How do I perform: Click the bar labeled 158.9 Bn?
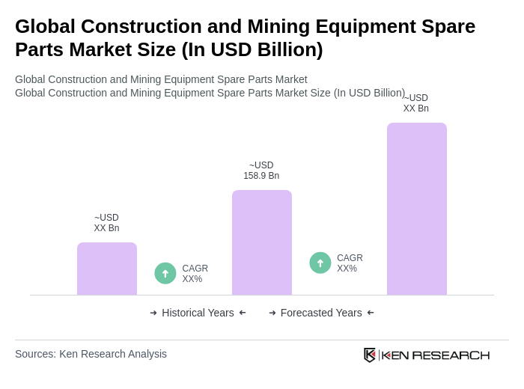261,242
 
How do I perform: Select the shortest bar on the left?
106,269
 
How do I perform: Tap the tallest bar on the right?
416,209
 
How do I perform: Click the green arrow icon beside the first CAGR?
165,274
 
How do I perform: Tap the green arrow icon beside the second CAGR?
320,263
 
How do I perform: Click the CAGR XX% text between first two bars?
195,274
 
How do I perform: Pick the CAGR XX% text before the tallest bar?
350,263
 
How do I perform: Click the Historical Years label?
198,313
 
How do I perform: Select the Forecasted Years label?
321,313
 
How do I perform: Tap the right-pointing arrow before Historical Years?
153,313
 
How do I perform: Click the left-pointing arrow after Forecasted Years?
371,313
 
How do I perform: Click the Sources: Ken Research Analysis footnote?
91,354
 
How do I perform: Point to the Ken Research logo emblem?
370,355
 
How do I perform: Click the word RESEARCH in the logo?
451,355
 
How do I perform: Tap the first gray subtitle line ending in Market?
161,79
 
